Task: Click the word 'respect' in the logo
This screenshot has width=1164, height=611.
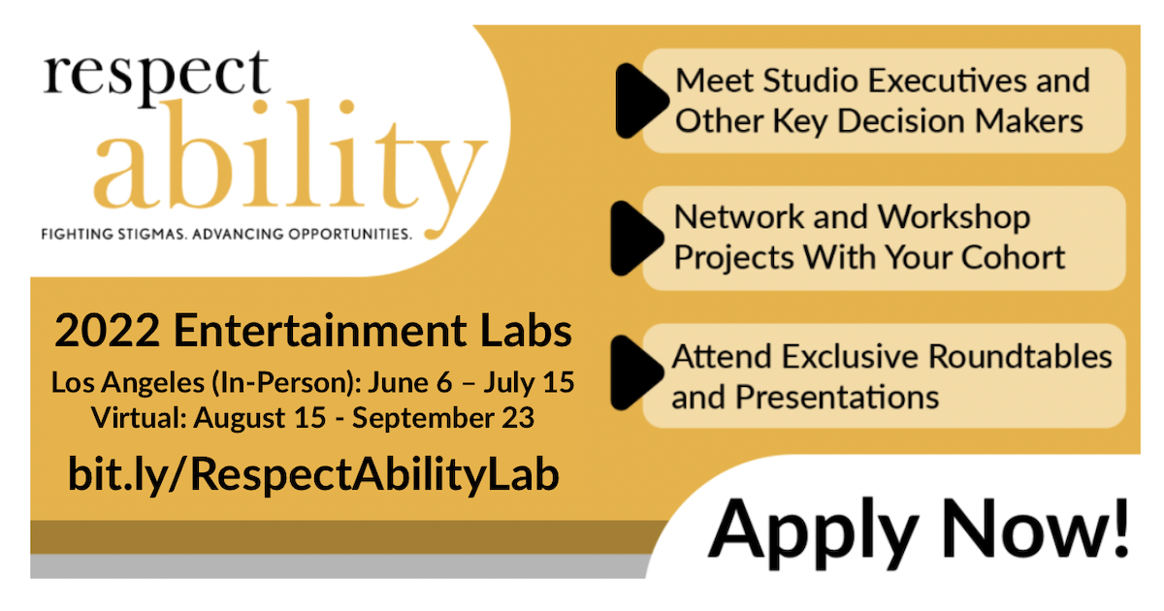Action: click(x=156, y=78)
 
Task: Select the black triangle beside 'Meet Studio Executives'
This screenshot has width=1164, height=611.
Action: click(x=641, y=101)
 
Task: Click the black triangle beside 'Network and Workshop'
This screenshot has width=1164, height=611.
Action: click(x=637, y=238)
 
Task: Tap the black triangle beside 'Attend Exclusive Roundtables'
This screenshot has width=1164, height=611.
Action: click(x=637, y=373)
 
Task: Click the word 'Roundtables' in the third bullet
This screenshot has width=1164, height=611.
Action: click(x=1020, y=357)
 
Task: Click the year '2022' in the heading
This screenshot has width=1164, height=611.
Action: click(x=107, y=331)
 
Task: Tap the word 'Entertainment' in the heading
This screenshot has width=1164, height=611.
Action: click(x=320, y=331)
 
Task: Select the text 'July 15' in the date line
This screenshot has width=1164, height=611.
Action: click(x=529, y=383)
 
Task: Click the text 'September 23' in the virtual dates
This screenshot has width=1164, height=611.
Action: click(x=443, y=418)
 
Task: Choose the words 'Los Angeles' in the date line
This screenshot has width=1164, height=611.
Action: click(x=128, y=383)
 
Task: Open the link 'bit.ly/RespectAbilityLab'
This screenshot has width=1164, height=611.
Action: click(x=313, y=475)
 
